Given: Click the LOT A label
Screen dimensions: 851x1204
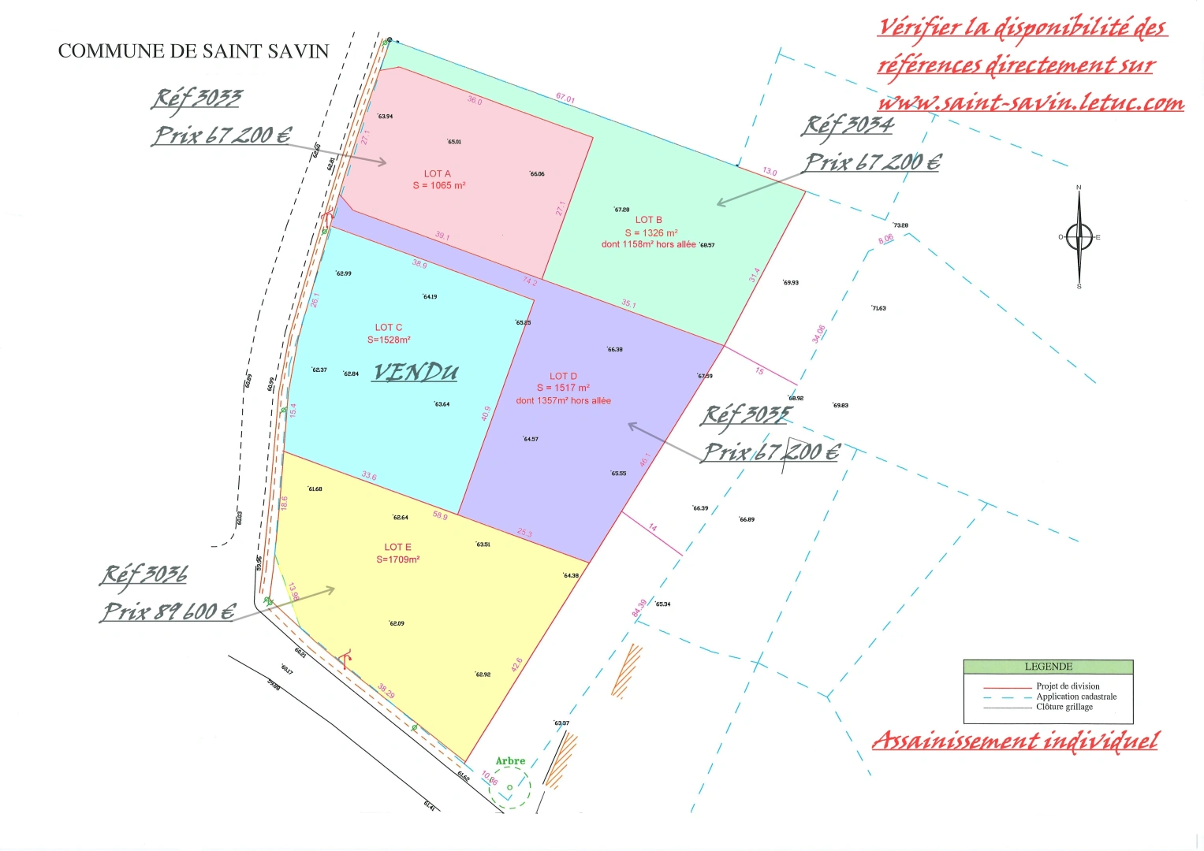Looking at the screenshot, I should [x=437, y=173].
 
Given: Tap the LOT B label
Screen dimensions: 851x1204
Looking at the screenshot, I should [x=648, y=220].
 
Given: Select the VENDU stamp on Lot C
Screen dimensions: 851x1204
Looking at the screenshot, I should [x=415, y=372].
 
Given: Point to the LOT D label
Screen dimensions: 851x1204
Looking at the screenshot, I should [x=563, y=376].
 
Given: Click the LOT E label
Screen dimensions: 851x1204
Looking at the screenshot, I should [x=397, y=547].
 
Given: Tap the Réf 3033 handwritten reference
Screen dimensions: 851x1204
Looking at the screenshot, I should [x=196, y=98].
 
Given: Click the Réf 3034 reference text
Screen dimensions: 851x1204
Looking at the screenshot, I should [x=848, y=125].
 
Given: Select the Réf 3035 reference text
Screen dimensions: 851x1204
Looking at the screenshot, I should [x=746, y=415].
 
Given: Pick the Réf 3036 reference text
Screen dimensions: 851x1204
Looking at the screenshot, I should [x=144, y=575].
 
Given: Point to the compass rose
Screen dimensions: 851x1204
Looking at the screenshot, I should [x=1079, y=236].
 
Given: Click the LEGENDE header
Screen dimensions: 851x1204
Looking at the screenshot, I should [x=1048, y=667].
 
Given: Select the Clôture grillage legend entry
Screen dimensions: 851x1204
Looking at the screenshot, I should [x=1064, y=707].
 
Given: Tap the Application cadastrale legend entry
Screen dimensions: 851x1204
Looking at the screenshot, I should [x=1075, y=697].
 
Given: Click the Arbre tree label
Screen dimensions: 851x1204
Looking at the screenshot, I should [x=510, y=761].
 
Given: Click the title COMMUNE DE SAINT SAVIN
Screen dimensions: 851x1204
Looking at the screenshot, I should [x=193, y=51].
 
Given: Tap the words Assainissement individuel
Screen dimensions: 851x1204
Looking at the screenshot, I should [x=1015, y=741].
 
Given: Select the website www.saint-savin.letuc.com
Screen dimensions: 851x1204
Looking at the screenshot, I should [x=1031, y=103].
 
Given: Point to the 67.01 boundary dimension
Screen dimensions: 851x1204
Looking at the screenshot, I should [x=565, y=98].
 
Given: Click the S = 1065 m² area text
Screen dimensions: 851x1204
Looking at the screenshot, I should [x=439, y=186].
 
